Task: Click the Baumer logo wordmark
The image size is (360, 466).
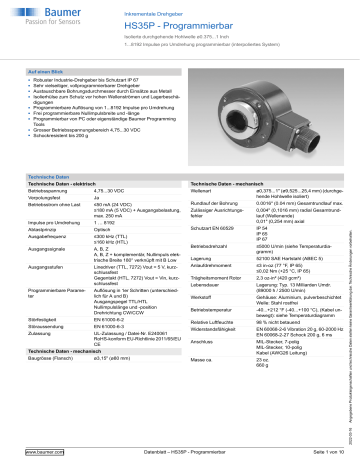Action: [41, 14]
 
